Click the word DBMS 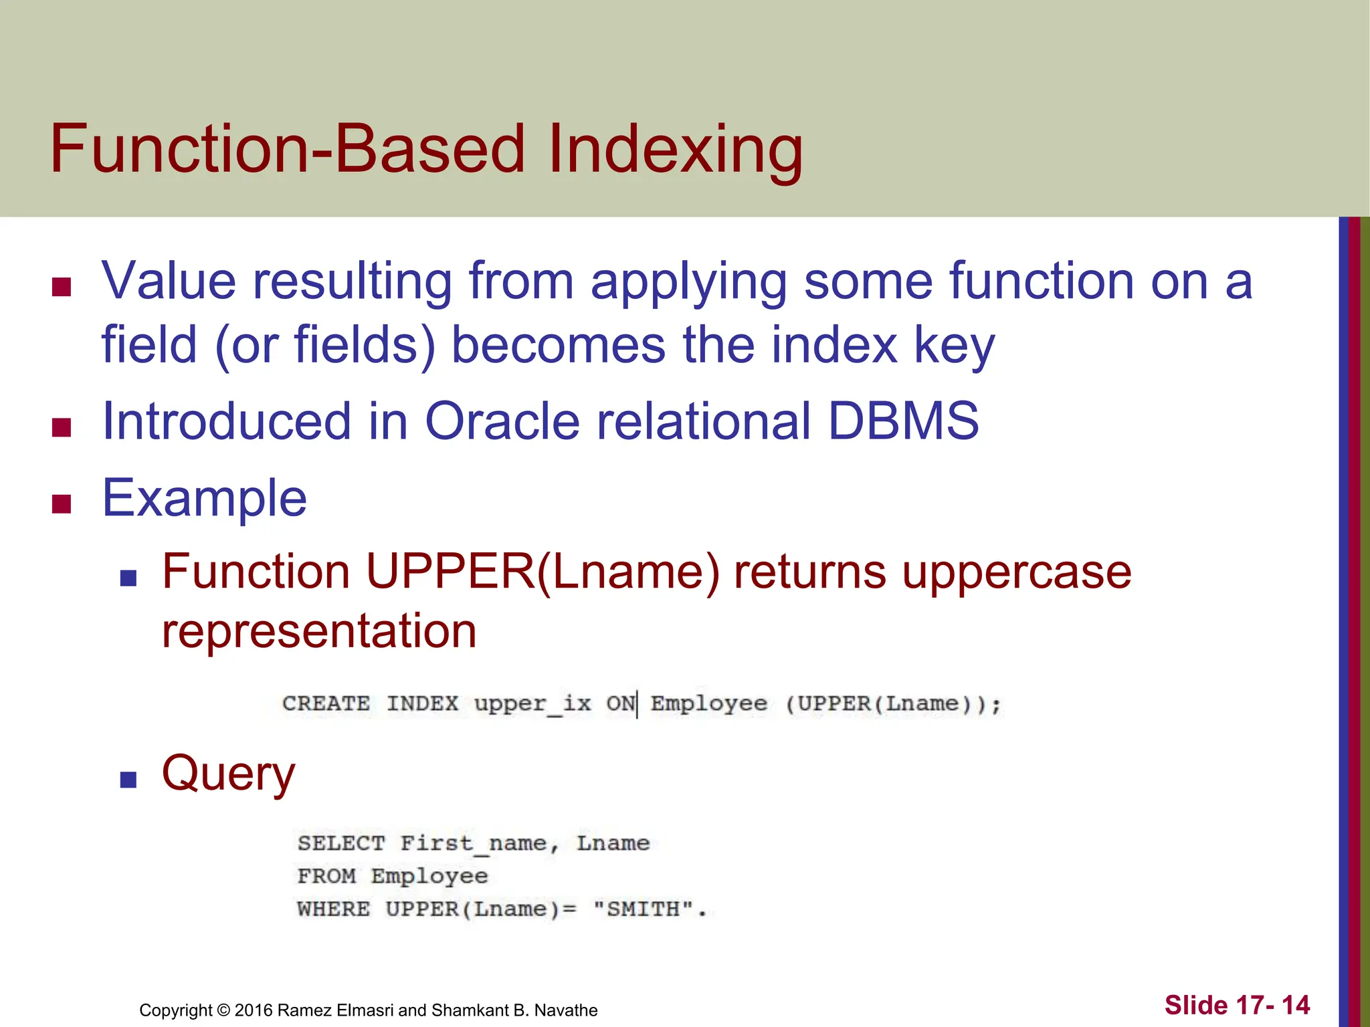coord(903,421)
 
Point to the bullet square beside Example coord(62,503)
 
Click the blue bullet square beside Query coord(128,779)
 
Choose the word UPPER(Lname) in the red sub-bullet coord(543,572)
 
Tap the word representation coord(319,631)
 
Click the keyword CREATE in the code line coord(326,703)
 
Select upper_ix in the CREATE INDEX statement coord(532,704)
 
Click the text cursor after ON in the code coord(638,704)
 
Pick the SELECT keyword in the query coord(341,843)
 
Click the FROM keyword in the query coord(326,876)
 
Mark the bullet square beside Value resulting coord(62,287)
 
